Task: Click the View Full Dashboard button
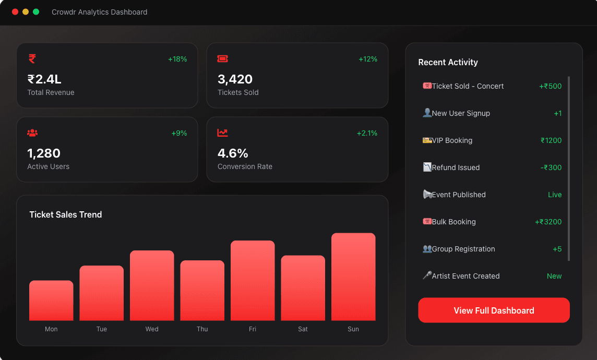click(x=494, y=310)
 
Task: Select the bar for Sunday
click(x=353, y=277)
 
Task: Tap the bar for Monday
click(x=51, y=301)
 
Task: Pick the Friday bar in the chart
click(x=253, y=281)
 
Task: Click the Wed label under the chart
click(x=152, y=329)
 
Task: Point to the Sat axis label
click(x=303, y=329)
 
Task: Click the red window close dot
click(x=15, y=12)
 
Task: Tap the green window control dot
click(x=36, y=12)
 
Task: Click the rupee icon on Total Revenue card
click(x=32, y=58)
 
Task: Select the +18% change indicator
click(x=177, y=59)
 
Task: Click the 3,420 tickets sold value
click(x=235, y=79)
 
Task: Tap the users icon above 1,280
click(x=32, y=133)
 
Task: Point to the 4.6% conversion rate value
click(x=233, y=153)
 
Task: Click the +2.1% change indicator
click(x=367, y=133)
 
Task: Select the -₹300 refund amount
click(x=551, y=167)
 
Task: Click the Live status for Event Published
click(x=555, y=195)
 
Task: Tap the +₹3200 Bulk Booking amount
click(x=548, y=222)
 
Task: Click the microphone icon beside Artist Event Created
click(x=427, y=275)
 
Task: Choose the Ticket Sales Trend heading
click(x=65, y=214)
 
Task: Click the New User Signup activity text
click(x=461, y=113)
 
